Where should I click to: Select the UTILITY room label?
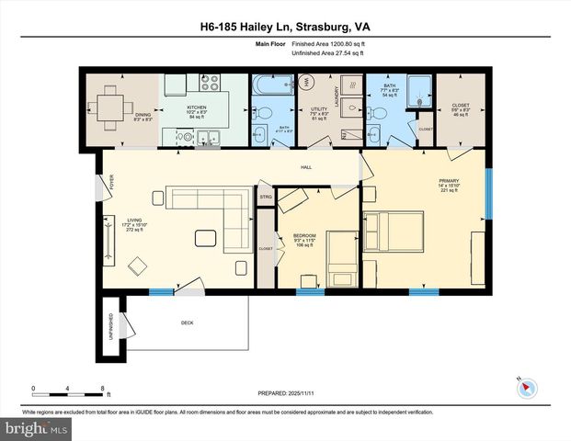tap(320, 113)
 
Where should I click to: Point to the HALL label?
tap(307, 167)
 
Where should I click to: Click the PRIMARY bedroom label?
tap(449, 185)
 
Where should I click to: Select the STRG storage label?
tap(266, 197)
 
